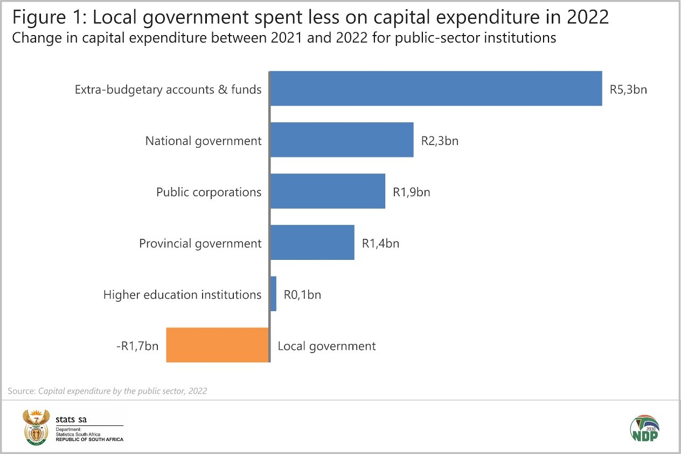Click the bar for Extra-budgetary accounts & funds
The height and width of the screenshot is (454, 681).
tap(435, 88)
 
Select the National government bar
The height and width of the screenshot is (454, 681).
tap(342, 140)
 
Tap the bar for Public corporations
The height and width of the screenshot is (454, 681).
tap(328, 191)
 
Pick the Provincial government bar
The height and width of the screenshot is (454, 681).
tap(312, 243)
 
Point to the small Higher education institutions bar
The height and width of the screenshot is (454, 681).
tap(273, 294)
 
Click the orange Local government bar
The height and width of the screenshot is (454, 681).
tap(217, 345)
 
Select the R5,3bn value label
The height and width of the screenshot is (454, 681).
tap(628, 90)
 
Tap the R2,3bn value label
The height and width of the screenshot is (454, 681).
tap(440, 141)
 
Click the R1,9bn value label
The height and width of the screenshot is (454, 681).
tap(412, 192)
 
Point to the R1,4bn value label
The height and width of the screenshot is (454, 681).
tap(380, 243)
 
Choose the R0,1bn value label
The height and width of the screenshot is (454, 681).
tap(302, 294)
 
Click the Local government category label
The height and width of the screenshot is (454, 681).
tap(326, 346)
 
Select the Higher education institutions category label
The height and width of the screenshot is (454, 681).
tap(182, 295)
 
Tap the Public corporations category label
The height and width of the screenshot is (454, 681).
tap(209, 192)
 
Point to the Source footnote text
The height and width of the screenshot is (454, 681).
tap(107, 391)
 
